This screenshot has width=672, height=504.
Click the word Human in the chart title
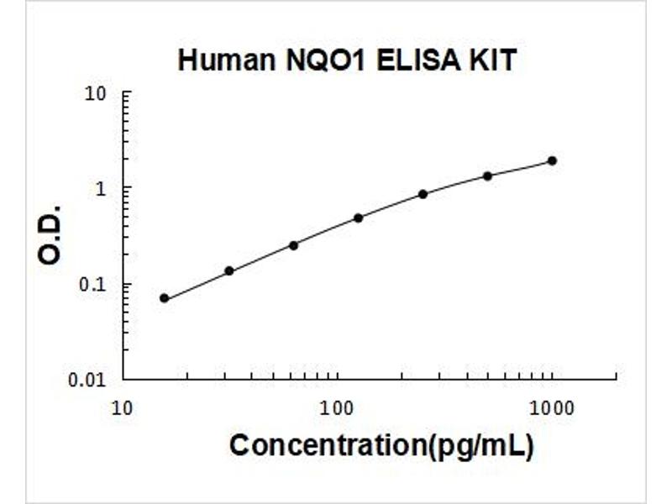(226, 60)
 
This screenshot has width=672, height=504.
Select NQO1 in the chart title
(325, 60)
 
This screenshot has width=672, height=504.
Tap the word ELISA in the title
(417, 60)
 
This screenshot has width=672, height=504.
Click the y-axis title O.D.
(50, 235)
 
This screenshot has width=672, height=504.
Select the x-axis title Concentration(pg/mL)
(382, 446)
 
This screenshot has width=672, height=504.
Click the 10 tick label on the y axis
(95, 94)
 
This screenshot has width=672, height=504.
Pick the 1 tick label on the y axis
(101, 188)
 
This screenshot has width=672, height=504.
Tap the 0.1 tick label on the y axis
(92, 284)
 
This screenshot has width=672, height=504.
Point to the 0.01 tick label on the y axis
(87, 380)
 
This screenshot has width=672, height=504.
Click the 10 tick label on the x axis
(122, 408)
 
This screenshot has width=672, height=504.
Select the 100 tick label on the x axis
(338, 408)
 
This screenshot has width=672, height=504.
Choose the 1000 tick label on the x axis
(552, 408)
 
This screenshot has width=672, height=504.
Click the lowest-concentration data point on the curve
(164, 298)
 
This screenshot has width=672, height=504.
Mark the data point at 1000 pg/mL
(553, 160)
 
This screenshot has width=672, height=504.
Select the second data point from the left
(229, 270)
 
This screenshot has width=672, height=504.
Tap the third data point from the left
(293, 245)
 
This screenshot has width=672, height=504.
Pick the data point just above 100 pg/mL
(359, 218)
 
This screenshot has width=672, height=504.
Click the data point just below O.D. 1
(423, 194)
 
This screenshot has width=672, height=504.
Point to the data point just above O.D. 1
(487, 176)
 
